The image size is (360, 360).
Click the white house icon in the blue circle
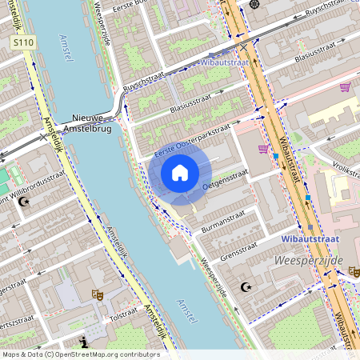pyautogui.click(x=180, y=172)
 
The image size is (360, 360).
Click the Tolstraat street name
pyautogui.click(x=123, y=318)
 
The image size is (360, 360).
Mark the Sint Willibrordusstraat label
pyautogui.click(x=32, y=186)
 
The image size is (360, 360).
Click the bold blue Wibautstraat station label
pyautogui.click(x=310, y=238)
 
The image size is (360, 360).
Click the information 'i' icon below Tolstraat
pyautogui.click(x=85, y=342)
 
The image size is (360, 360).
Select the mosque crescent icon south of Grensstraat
pyautogui.click(x=246, y=286)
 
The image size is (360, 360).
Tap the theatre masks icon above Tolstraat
pyautogui.click(x=99, y=295)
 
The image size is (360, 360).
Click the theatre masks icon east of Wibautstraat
pyautogui.click(x=354, y=272)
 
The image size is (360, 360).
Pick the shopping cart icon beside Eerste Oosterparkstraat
pyautogui.click(x=263, y=149)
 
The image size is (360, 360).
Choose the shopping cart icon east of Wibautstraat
pyautogui.click(x=346, y=87)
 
